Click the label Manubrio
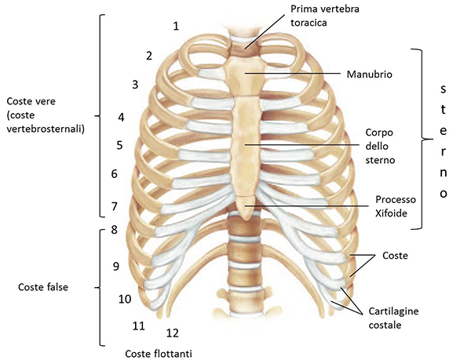[x=369, y=74]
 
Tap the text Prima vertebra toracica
[x=324, y=16]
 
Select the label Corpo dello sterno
[x=380, y=146]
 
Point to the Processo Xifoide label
[x=396, y=206]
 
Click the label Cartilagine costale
[x=393, y=318]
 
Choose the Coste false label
[x=43, y=287]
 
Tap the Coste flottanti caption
[x=159, y=354]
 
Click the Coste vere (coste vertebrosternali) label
[x=45, y=115]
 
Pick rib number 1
[x=176, y=26]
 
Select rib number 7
[x=114, y=206]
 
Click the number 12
[x=173, y=333]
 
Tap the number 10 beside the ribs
[x=125, y=299]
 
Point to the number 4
[x=121, y=117]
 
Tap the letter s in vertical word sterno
[x=443, y=89]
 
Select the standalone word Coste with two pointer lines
[x=395, y=256]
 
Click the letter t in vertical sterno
[x=443, y=110]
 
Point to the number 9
[x=116, y=266]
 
